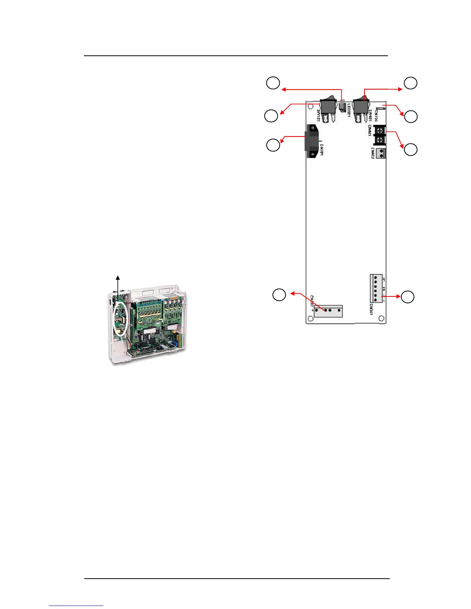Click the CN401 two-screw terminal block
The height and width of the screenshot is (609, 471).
[x=380, y=135]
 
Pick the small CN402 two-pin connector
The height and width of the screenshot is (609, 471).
[x=381, y=153]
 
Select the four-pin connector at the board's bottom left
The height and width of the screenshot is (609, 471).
[x=328, y=310]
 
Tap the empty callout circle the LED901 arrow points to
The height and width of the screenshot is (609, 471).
[x=273, y=83]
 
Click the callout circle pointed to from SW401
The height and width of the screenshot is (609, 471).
[x=411, y=83]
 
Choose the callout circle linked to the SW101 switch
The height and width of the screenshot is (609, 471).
[x=271, y=116]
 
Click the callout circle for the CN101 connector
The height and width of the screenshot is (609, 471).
[x=273, y=145]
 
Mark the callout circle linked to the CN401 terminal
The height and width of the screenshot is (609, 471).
[x=411, y=150]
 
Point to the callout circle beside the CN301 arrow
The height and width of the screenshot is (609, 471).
[x=408, y=297]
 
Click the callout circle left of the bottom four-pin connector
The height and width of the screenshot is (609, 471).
[x=279, y=295]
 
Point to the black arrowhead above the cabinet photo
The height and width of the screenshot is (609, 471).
[x=118, y=277]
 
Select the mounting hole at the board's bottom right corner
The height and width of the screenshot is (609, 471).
[x=381, y=318]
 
